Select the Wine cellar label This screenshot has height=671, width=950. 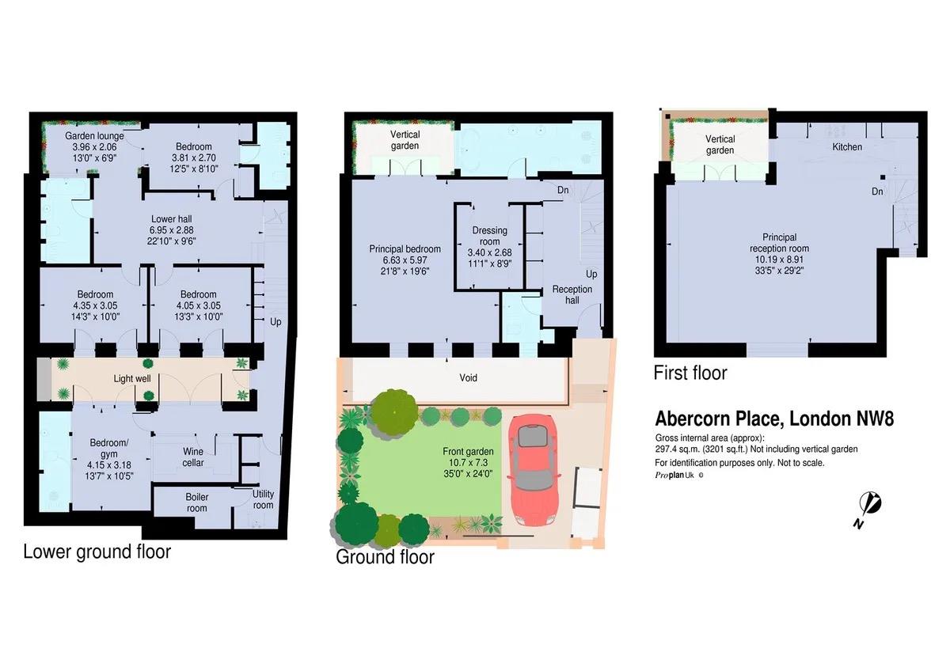(x=193, y=457)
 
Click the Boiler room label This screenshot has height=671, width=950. (x=197, y=502)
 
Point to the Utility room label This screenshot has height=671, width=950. (x=263, y=499)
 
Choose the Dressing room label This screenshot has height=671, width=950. (x=489, y=236)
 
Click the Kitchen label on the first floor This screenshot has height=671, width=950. (x=846, y=147)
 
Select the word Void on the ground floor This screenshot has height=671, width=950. (x=469, y=377)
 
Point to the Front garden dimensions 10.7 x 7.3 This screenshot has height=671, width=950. (x=468, y=464)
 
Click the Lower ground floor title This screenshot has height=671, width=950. (x=97, y=552)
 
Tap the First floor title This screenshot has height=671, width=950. (x=690, y=372)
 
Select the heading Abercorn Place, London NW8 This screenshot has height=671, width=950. (x=774, y=419)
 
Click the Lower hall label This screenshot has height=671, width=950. (x=172, y=219)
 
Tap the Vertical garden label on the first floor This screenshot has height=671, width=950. (x=720, y=144)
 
